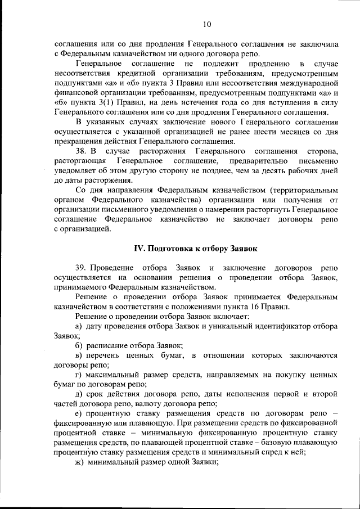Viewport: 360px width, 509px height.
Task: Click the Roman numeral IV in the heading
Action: pyautogui.click(x=139, y=248)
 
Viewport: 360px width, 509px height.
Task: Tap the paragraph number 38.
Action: pyautogui.click(x=80, y=151)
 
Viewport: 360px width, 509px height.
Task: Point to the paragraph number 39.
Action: pyautogui.click(x=80, y=268)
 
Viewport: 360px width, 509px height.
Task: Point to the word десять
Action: pyautogui.click(x=254, y=171)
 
